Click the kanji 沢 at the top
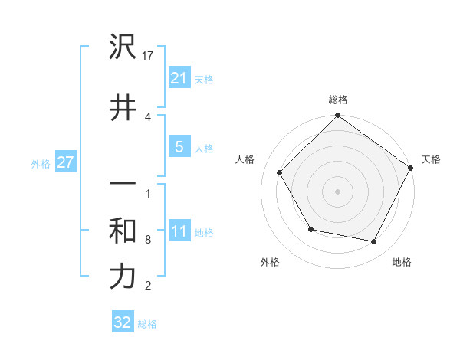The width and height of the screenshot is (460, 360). click(x=123, y=48)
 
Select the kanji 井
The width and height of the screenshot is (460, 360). click(x=123, y=108)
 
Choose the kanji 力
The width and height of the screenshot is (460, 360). click(x=123, y=277)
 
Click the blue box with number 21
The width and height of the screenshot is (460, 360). click(x=179, y=78)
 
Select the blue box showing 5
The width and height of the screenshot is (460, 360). click(x=179, y=147)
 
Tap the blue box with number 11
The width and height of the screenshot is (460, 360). click(x=179, y=231)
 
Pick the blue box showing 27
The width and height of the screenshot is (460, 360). click(x=66, y=162)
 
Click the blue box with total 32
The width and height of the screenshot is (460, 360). click(x=123, y=322)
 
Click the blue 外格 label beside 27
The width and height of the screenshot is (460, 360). click(x=41, y=163)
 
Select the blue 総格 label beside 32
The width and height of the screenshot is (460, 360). click(x=147, y=324)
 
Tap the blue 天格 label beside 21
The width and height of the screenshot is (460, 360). click(x=203, y=80)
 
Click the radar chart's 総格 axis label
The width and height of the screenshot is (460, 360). click(x=337, y=100)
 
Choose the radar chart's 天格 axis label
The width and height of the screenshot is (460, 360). click(x=431, y=159)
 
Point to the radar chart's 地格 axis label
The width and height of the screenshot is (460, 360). click(x=402, y=263)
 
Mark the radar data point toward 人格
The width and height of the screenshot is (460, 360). click(x=279, y=173)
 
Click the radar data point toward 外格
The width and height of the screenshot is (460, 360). click(x=310, y=229)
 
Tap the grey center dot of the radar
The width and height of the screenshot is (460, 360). click(x=337, y=191)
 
